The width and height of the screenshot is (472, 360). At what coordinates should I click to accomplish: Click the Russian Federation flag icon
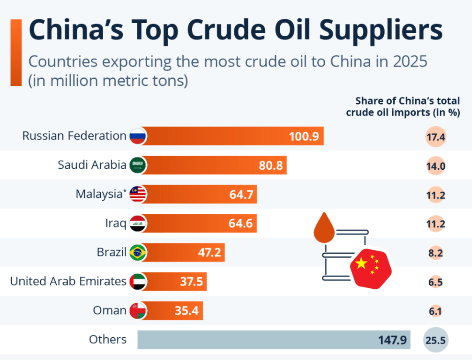[x=138, y=136]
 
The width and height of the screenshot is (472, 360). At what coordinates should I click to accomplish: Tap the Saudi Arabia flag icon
[x=138, y=165]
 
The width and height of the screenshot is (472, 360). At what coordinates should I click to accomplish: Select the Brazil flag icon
[x=138, y=252]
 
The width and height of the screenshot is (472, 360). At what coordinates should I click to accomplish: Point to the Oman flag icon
[x=138, y=311]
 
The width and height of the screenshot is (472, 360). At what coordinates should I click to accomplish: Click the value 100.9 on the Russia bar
[x=303, y=136]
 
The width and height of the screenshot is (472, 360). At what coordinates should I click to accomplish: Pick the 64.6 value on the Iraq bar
[x=240, y=224]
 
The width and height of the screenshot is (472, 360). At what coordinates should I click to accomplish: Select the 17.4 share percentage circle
[x=435, y=137]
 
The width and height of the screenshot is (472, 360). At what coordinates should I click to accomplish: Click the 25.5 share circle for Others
[x=435, y=340]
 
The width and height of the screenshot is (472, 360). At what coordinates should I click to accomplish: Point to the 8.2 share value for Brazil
[x=435, y=253]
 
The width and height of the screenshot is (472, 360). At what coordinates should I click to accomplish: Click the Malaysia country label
[x=98, y=194]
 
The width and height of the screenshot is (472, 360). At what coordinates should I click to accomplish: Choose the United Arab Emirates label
[x=68, y=281]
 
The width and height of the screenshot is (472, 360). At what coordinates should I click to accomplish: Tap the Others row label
[x=108, y=339]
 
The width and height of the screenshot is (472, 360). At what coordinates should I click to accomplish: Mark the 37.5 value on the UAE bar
[x=191, y=282]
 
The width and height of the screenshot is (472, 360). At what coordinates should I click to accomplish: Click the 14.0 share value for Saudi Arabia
[x=435, y=166]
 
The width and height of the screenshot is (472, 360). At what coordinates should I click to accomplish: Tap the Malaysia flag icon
[x=138, y=194]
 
